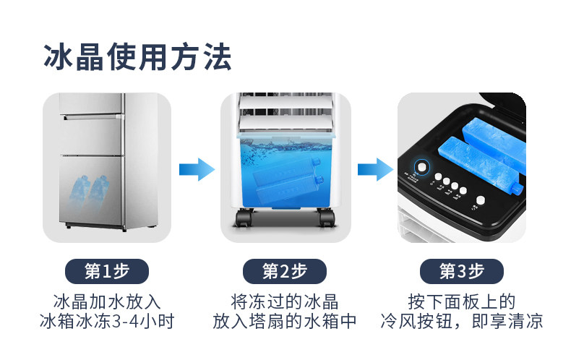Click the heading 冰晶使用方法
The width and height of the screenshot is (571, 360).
(x=138, y=56)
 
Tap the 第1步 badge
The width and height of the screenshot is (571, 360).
(x=107, y=271)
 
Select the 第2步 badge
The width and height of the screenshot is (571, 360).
(x=285, y=271)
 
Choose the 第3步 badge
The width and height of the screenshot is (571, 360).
(x=462, y=271)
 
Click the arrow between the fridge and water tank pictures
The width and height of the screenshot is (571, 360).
(x=196, y=169)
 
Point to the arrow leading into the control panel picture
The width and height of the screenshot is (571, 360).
(x=374, y=169)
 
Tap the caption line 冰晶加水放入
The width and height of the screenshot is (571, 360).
(x=107, y=301)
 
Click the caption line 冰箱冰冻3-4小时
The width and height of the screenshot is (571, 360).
(x=107, y=321)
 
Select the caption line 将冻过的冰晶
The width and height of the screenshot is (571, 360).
(x=285, y=301)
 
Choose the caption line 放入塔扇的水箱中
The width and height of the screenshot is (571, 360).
(x=285, y=321)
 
